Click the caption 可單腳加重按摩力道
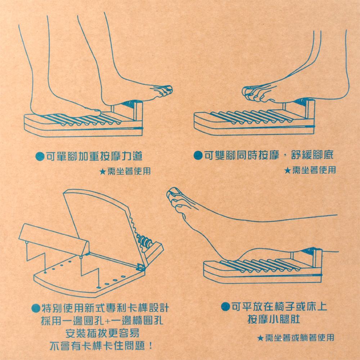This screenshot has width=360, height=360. coord(94,156)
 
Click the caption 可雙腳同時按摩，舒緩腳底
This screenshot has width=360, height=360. coord(269,156)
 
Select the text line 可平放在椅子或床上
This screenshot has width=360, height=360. coord(279,306)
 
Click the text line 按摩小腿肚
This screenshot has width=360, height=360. coord(274,319)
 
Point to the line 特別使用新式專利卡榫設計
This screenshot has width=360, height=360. coord(105,308)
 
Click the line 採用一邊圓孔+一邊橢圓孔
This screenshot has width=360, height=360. coord(102,320)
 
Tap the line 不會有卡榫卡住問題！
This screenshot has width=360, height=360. coord(101,346)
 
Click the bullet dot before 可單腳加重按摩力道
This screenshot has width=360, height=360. coord(40,157)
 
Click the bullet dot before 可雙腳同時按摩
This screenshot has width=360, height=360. coord(198,156)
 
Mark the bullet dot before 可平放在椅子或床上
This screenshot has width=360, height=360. coord(225,306)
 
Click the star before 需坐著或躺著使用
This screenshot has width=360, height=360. coord(260,338)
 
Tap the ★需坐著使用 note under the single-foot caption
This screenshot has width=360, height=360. coord(125,171)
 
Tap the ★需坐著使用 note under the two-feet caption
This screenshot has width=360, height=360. coord(310,170)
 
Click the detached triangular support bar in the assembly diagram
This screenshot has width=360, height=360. coord(54,240)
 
